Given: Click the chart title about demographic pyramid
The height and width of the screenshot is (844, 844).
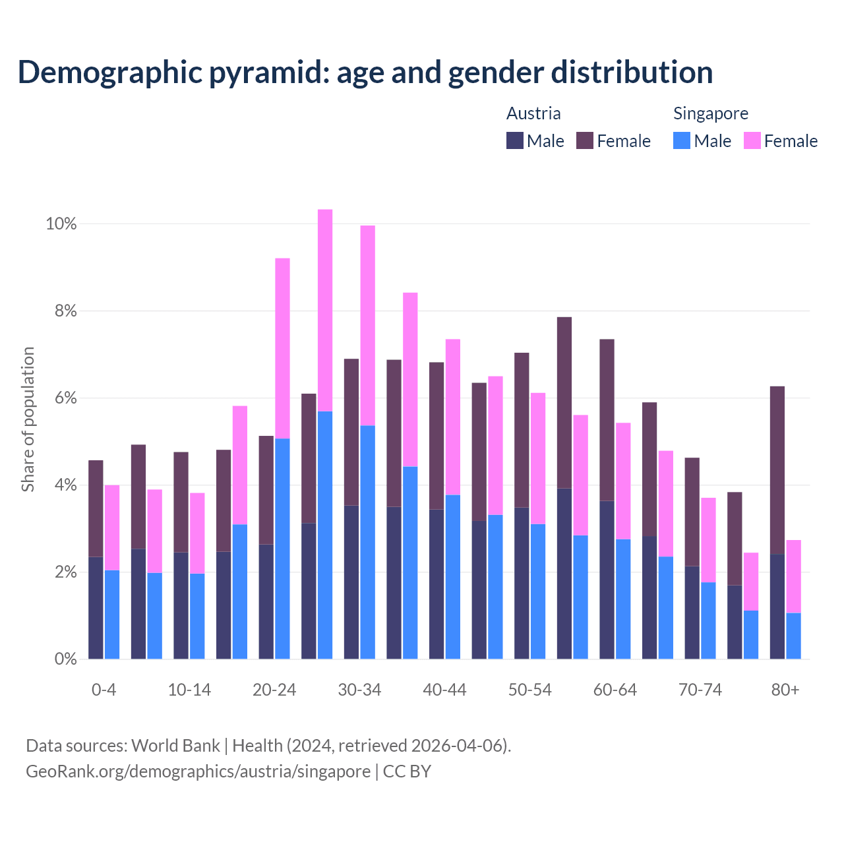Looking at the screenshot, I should [365, 73].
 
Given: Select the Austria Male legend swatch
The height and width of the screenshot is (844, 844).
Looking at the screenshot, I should [515, 140].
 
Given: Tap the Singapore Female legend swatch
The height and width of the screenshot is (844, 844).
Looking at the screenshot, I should [752, 140].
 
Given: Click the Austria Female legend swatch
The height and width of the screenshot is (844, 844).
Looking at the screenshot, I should [585, 140].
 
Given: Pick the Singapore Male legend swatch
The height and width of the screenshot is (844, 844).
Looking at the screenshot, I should [682, 140].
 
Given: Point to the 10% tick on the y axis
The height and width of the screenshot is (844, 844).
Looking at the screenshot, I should [61, 224].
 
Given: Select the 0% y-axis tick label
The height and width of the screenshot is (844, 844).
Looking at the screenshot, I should [65, 659].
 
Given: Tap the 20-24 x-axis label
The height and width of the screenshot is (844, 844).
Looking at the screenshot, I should [274, 690].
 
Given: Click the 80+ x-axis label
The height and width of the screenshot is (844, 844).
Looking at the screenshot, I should [785, 690].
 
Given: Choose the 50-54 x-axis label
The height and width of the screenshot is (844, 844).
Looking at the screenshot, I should [530, 690].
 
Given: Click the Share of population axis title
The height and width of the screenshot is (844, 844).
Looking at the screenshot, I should [28, 419].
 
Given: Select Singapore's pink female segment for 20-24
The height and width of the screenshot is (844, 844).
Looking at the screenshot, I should [282, 348].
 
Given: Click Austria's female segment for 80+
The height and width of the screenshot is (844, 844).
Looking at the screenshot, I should [777, 469].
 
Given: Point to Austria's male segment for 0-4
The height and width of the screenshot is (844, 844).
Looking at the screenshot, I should [96, 607].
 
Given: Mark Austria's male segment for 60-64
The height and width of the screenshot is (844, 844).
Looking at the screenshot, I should [607, 580].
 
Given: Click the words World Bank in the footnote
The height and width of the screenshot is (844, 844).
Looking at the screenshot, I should [175, 746].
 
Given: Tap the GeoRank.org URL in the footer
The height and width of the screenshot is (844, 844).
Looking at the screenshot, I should [198, 771].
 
